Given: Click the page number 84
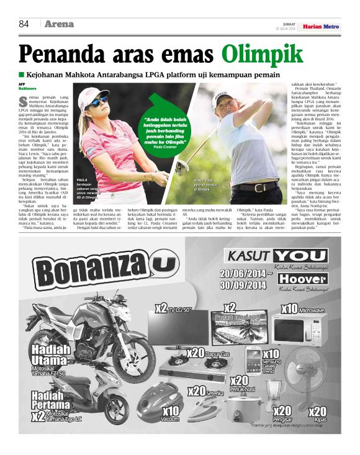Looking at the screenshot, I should pos(24,25).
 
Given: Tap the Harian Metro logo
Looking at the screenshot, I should pos(321,27).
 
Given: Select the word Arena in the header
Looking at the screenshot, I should pos(59,25).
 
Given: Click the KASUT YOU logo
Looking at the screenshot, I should pos(276,256).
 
